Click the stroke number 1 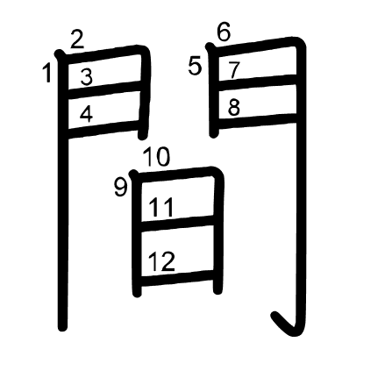(x=46, y=73)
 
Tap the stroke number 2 (x=77, y=39)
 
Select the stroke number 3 (x=87, y=77)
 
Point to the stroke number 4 (x=86, y=114)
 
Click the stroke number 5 (x=195, y=66)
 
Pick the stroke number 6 (x=224, y=32)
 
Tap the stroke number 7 (x=233, y=70)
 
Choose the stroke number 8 (x=234, y=107)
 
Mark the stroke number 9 (x=121, y=188)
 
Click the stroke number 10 (x=157, y=157)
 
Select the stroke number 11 (x=161, y=207)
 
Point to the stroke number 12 (x=161, y=261)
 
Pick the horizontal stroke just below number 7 (x=258, y=82)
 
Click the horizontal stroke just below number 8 (x=258, y=121)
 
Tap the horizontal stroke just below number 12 (x=177, y=278)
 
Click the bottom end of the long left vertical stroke (x=62, y=328)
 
